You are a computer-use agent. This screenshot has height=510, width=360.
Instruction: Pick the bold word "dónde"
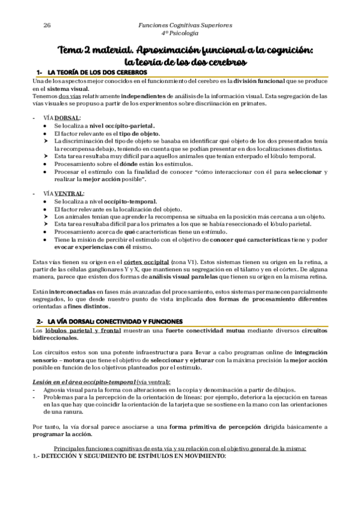[127, 164]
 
